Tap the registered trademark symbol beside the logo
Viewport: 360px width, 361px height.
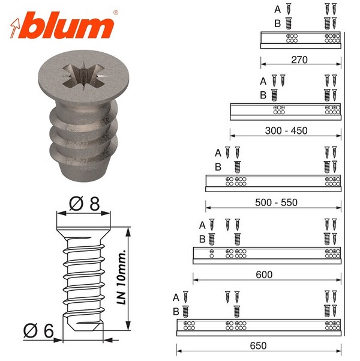tap(116, 13)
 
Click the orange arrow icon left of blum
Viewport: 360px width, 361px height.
tap(15, 28)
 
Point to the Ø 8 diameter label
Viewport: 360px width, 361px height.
tap(84, 204)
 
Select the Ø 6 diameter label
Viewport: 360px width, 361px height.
tap(38, 331)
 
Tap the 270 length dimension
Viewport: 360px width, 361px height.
tap(299, 60)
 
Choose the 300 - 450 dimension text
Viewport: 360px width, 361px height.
tap(286, 131)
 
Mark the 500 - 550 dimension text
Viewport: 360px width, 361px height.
tap(276, 202)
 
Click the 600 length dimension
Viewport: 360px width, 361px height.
tap(264, 275)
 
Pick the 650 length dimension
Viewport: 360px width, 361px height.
tap(259, 345)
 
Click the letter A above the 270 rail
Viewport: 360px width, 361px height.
tap(278, 10)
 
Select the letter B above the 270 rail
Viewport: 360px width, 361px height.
tap(278, 23)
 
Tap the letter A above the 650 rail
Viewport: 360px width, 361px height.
tap(176, 297)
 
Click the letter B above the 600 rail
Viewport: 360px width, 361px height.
tap(202, 240)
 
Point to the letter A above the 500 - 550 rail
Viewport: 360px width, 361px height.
tap(218, 153)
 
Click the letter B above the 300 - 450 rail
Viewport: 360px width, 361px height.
tap(263, 95)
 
